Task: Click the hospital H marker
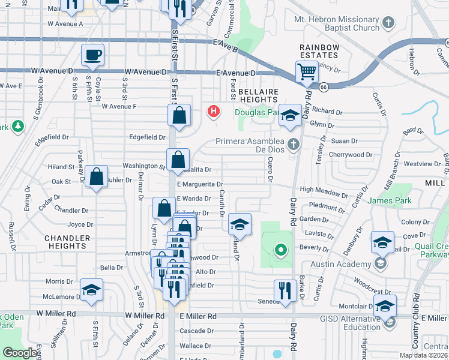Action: (213, 111)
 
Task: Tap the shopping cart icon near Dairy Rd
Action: (307, 72)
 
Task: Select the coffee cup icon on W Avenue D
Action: (92, 55)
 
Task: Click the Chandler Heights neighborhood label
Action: (67, 242)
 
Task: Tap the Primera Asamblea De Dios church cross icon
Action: (293, 143)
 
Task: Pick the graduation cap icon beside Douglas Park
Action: (290, 115)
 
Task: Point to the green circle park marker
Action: (279, 250)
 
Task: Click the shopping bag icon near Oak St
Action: (96, 177)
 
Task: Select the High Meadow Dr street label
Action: (324, 190)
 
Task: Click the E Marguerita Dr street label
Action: (200, 185)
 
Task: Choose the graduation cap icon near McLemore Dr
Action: (91, 290)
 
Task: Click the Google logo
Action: (21, 353)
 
